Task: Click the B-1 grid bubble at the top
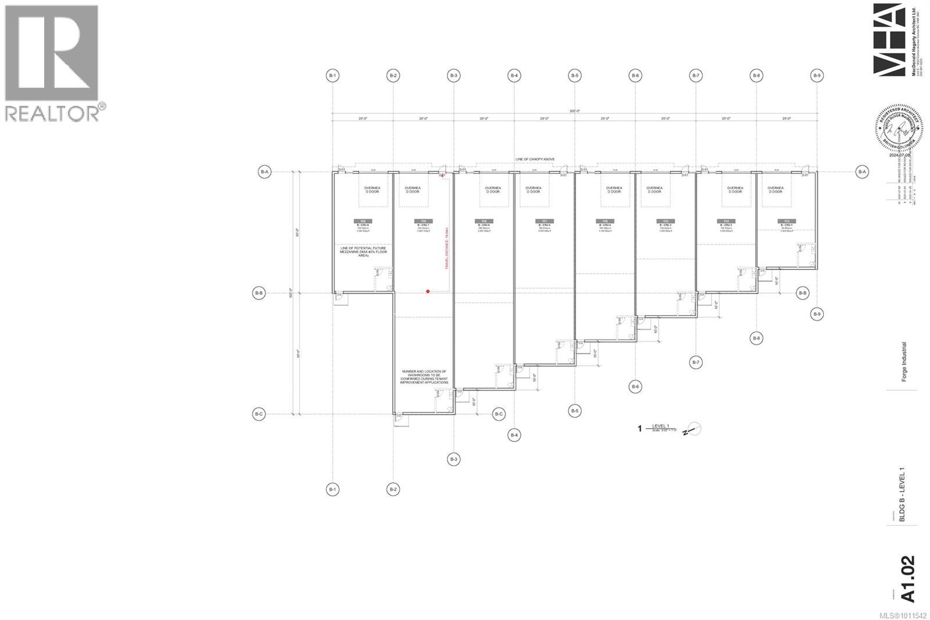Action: coord(332,75)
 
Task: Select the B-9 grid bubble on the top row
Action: coord(817,75)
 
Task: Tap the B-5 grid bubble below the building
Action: coord(575,411)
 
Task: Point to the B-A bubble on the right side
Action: coord(862,172)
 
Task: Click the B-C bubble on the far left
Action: coord(259,414)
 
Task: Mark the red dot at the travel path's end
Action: coord(428,291)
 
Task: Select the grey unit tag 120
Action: coord(363,221)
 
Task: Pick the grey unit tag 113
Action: coord(786,221)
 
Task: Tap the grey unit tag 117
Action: coord(545,221)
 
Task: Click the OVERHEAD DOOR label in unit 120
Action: coord(372,190)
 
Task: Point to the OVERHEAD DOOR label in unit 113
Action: coord(775,190)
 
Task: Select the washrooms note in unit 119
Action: coord(423,377)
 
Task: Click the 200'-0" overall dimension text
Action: coord(574,111)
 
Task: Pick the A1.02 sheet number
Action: coord(907,578)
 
